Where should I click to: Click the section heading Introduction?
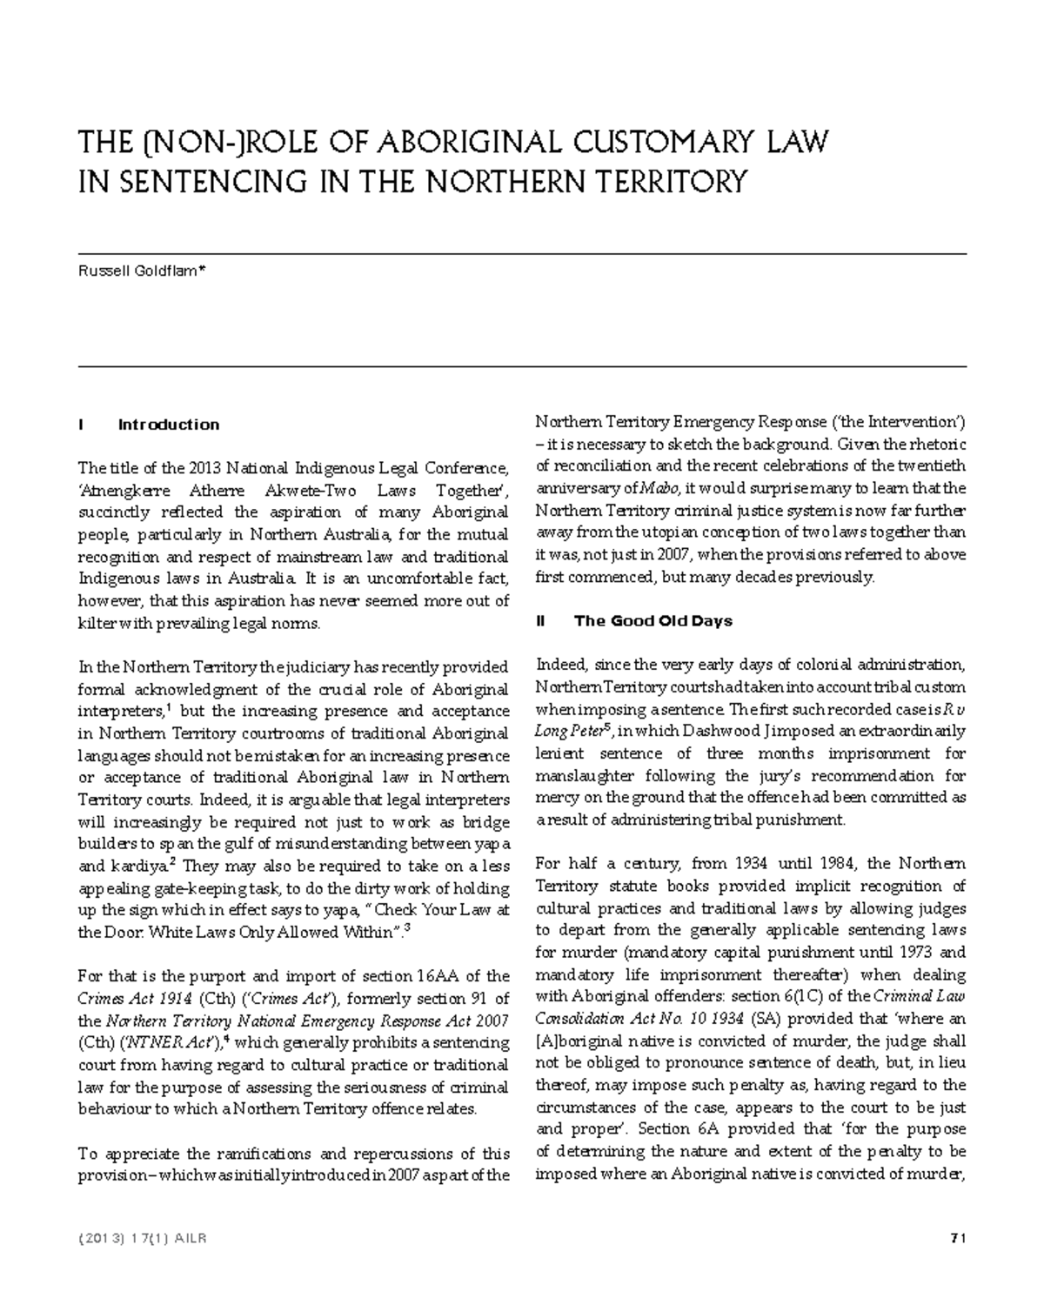pos(169,425)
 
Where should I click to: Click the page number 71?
pos(959,1238)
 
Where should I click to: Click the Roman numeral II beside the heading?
pos(541,620)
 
